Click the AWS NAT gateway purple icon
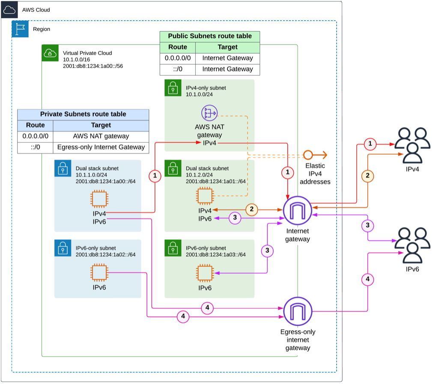[209, 113]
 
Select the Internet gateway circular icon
[298, 210]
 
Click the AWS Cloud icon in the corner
[9, 9]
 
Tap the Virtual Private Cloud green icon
[50, 53]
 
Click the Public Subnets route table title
[209, 36]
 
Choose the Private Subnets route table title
[83, 114]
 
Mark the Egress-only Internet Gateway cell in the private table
[101, 148]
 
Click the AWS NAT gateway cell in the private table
[101, 136]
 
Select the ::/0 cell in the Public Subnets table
[177, 69]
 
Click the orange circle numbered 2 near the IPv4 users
[367, 175]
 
